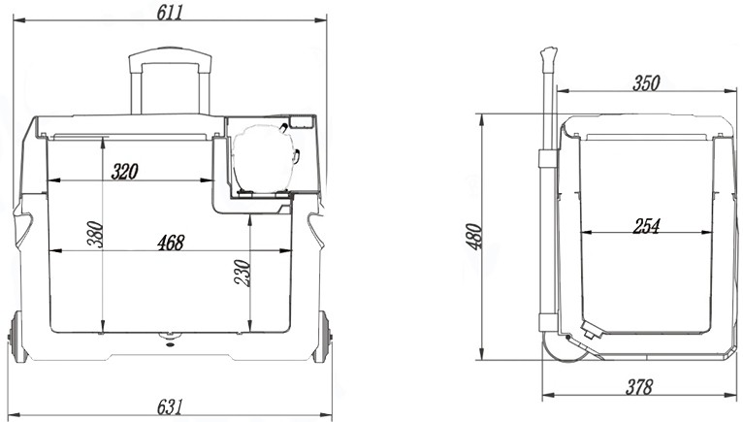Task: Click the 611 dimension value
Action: [x=169, y=12]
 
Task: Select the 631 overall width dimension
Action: [x=169, y=406]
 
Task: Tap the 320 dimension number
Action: [x=124, y=172]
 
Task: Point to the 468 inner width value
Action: [x=171, y=243]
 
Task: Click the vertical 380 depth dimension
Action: [x=95, y=234]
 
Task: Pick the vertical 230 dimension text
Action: [x=242, y=274]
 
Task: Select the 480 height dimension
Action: [x=474, y=237]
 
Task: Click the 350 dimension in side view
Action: [x=646, y=83]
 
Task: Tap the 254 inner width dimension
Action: [x=646, y=226]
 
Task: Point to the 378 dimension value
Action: [x=639, y=387]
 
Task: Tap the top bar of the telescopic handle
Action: [x=171, y=54]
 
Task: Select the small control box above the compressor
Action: [x=302, y=122]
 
